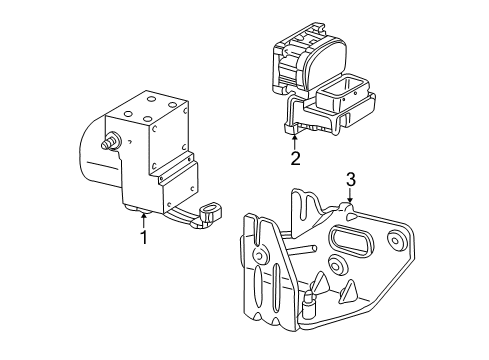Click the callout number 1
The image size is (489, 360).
(x=144, y=237)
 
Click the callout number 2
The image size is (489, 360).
(x=295, y=158)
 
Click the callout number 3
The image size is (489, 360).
(x=350, y=180)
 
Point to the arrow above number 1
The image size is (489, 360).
(x=144, y=221)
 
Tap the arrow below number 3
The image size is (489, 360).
(x=349, y=195)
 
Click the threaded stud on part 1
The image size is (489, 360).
(x=110, y=141)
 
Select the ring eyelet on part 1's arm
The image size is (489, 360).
(x=210, y=212)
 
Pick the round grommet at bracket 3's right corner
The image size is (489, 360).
(x=396, y=240)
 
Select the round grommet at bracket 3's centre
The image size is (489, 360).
(x=337, y=264)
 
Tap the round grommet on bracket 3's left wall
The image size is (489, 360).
(x=260, y=255)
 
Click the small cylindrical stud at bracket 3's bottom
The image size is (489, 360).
(x=307, y=302)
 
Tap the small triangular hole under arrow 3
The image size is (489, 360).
(x=352, y=217)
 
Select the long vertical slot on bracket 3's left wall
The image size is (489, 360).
(x=276, y=287)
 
